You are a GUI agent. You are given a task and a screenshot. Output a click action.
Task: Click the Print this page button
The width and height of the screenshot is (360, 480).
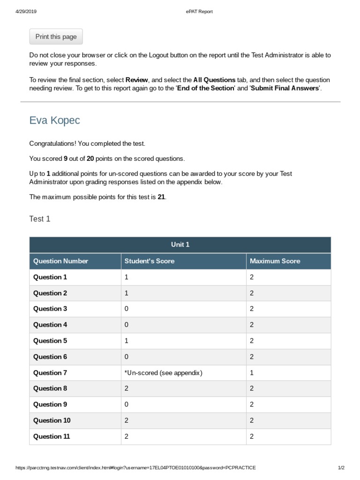pos(56,37)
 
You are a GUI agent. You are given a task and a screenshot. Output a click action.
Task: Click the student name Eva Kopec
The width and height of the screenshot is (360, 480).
pos(54,120)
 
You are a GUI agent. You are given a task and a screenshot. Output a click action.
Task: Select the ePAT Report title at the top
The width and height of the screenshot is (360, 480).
pos(199,12)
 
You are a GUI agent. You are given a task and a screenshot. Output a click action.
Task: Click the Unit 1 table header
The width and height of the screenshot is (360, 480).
pos(180,245)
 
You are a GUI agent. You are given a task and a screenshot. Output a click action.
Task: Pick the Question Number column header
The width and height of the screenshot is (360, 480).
pos(60,261)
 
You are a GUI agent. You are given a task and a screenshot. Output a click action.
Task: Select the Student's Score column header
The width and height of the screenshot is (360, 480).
pos(150,261)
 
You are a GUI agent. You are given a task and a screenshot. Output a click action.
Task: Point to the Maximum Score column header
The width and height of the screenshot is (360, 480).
pos(275,261)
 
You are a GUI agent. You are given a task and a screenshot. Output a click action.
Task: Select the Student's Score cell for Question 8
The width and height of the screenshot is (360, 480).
pos(127,388)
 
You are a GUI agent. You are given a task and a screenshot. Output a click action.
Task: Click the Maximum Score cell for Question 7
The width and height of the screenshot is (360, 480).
pos(252,373)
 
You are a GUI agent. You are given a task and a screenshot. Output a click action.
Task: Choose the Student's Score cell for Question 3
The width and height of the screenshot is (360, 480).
pos(127,308)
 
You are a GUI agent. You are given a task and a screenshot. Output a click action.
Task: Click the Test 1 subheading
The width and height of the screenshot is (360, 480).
pos(40,219)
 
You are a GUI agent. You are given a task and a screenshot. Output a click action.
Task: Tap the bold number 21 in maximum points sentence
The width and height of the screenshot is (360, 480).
pos(161,197)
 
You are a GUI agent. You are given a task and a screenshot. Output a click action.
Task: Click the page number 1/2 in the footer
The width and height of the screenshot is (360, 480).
pos(341,468)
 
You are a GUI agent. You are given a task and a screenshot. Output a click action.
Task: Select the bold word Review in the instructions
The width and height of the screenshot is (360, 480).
pos(137,80)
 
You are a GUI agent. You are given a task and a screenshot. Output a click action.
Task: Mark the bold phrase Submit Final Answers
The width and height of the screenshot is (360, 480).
pos(285,88)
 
